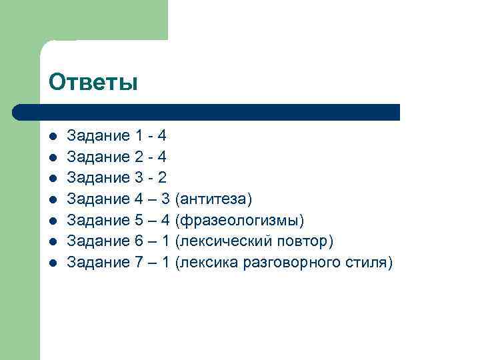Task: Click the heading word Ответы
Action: click(93, 82)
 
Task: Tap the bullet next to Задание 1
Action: click(53, 137)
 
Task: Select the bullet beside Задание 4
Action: click(53, 199)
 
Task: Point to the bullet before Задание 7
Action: click(53, 263)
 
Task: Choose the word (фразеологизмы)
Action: click(239, 220)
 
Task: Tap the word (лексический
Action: click(219, 241)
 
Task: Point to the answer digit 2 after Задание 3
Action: click(162, 178)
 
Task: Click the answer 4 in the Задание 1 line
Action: click(162, 136)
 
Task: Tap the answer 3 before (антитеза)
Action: click(166, 199)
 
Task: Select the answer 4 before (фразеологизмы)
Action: click(166, 220)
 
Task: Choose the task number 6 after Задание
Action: click(139, 241)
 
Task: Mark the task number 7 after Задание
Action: click(139, 263)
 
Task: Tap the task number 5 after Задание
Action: click(139, 220)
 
